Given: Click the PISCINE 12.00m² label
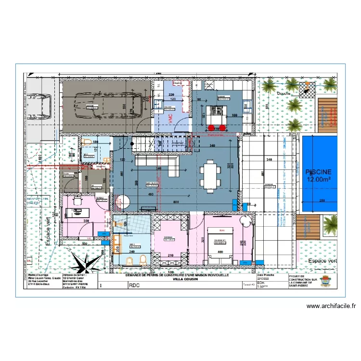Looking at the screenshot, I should (x=317, y=175).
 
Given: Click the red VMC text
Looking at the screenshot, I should (x=170, y=118).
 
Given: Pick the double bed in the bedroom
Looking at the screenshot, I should (x=220, y=245).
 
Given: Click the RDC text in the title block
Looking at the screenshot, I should (x=134, y=285).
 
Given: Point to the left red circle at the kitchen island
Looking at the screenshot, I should (x=211, y=128).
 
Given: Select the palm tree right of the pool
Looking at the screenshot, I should (x=330, y=224).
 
